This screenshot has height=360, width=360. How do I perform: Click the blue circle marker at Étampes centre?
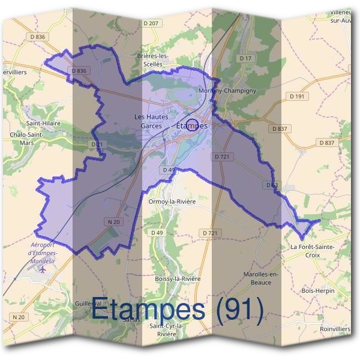click(192, 125)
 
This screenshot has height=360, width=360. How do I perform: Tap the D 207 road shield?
click(152, 23)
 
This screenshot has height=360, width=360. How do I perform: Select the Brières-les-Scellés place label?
click(153, 60)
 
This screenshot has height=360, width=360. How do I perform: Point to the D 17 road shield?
click(245, 58)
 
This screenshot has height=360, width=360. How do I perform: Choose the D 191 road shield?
click(296, 96)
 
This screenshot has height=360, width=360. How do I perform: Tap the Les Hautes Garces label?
click(151, 122)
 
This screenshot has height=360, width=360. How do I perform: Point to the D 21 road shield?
click(96, 145)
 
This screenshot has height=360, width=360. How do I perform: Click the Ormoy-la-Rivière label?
click(172, 202)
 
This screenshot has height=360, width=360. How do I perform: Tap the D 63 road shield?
click(272, 185)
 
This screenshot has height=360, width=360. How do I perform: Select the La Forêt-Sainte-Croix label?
click(312, 250)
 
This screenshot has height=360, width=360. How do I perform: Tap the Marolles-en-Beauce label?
click(262, 278)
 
